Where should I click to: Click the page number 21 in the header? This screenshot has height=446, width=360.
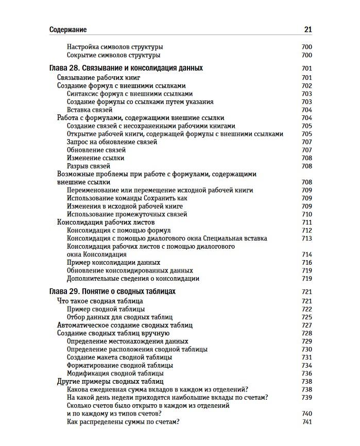pos(308,30)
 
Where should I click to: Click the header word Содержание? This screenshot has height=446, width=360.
pos(68,30)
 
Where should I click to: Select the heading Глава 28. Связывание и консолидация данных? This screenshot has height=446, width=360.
pos(126,68)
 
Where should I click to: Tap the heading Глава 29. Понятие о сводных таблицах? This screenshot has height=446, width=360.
pos(112,291)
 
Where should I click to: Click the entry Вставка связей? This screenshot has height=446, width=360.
pos(90,110)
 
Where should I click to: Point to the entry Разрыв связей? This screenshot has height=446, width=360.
pos(89,166)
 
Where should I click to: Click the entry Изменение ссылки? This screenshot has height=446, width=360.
pos(96,158)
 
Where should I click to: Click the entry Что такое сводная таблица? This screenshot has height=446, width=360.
pos(100,301)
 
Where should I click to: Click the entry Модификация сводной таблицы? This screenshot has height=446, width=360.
pos(115,373)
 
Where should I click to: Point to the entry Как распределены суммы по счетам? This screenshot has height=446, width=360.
pos(123,422)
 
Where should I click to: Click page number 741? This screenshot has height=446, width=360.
pos(307,422)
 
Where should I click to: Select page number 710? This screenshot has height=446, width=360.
pos(307,214)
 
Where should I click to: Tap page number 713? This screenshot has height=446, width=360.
pos(307,238)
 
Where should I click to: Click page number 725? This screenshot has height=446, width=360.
pos(307,317)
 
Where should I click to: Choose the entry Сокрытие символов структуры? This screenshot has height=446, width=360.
pos(114,55)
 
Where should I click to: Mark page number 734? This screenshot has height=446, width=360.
pos(307,366)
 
